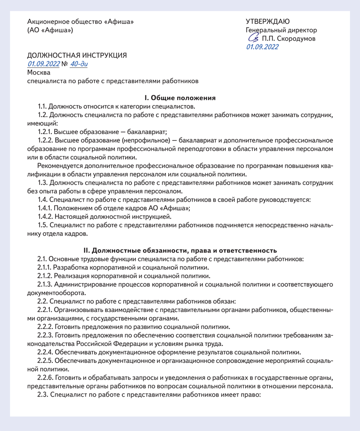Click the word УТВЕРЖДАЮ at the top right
tap(268, 21)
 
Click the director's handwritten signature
tap(253, 38)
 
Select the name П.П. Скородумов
tap(289, 38)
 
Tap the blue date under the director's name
tap(262, 47)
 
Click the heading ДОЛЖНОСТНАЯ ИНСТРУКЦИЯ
tap(77, 55)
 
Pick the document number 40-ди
tap(79, 64)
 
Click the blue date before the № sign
tap(43, 64)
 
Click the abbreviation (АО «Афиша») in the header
tap(50, 30)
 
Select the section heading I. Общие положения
tap(180, 98)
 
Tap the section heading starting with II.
tap(180, 251)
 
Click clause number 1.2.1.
tap(47, 132)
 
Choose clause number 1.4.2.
tap(47, 216)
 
